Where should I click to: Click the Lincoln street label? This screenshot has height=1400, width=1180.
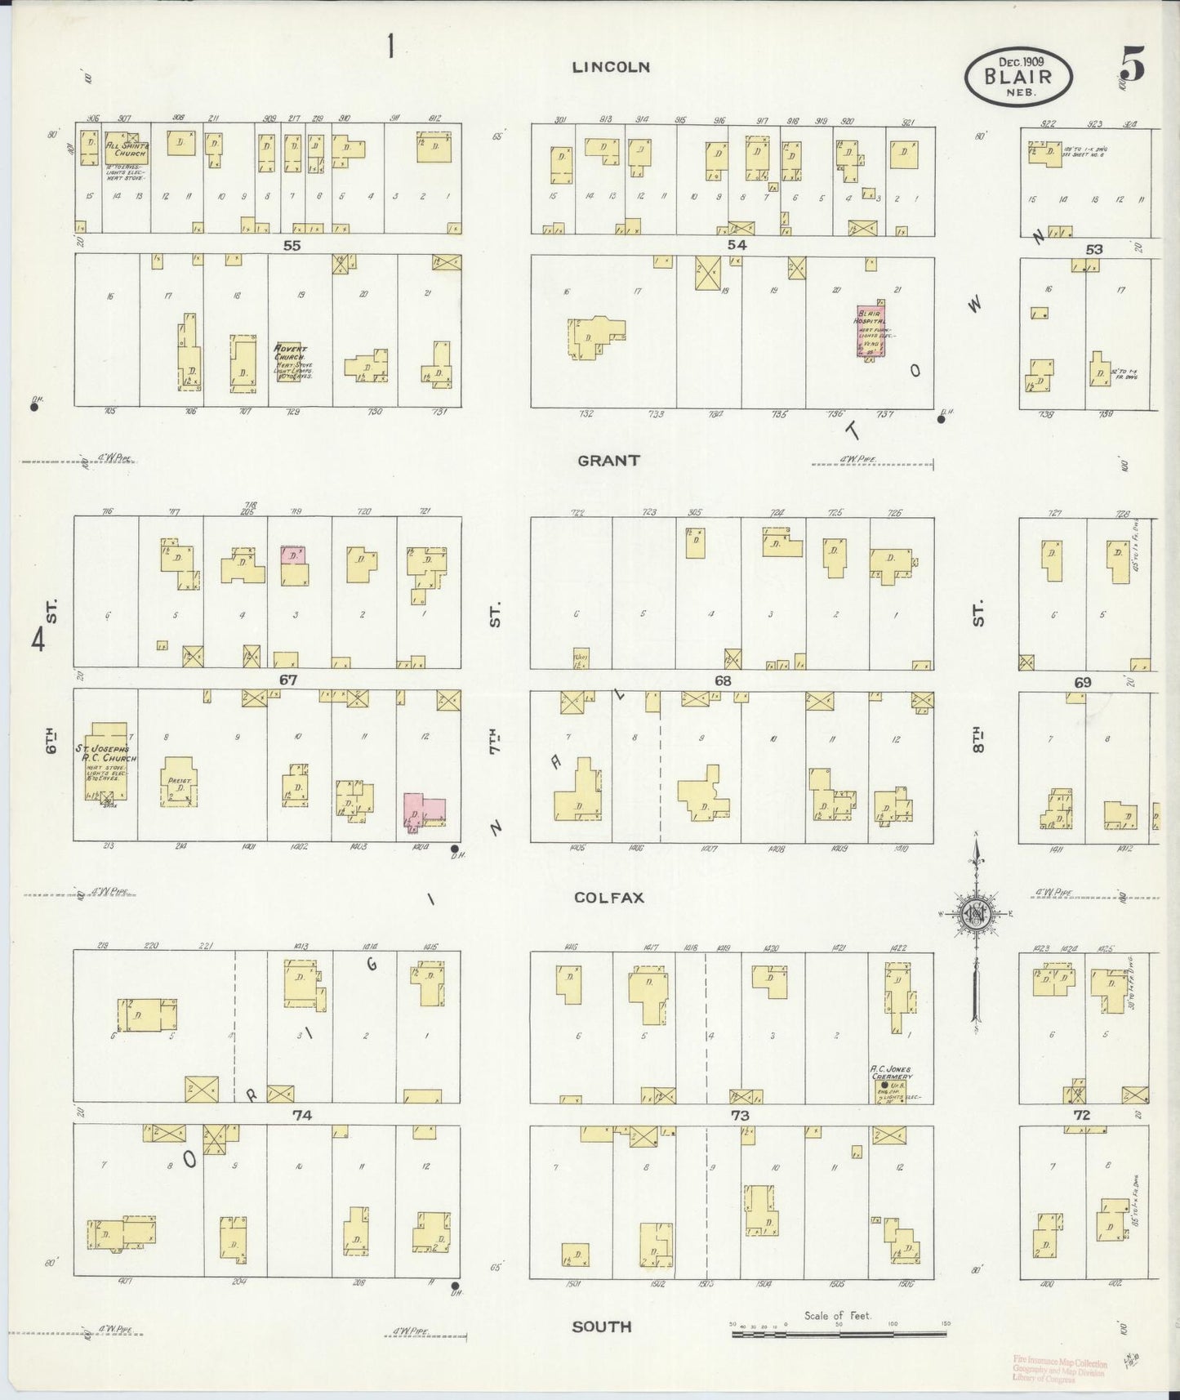[x=610, y=67]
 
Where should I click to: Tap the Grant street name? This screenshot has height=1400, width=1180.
[x=608, y=461]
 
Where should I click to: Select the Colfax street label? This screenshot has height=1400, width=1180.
[x=609, y=897]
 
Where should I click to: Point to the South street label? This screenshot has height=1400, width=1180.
[x=602, y=1326]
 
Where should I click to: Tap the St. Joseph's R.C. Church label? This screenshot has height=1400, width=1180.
[x=107, y=753]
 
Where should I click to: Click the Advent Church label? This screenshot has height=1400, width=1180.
[x=290, y=352]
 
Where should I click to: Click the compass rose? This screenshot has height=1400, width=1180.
[x=976, y=912]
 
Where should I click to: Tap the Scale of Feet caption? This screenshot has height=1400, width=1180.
[x=837, y=1315]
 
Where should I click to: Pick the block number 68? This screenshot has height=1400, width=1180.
[x=723, y=680]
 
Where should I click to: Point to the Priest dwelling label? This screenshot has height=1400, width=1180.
[x=179, y=780]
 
